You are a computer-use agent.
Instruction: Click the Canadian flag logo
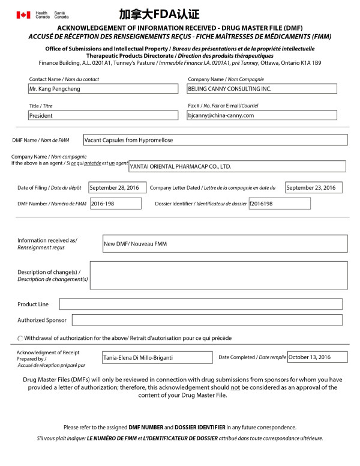click(x=23, y=14)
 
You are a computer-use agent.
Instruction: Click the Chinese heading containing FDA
click(x=159, y=14)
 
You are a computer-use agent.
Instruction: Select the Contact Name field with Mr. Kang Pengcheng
click(x=103, y=89)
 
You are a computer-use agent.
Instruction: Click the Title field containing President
click(x=103, y=115)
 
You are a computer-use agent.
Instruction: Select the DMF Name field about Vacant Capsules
click(x=215, y=140)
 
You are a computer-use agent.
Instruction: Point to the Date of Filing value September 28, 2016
click(x=118, y=188)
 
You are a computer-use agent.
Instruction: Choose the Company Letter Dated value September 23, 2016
click(x=313, y=188)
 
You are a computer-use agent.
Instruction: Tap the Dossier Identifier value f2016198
click(x=279, y=204)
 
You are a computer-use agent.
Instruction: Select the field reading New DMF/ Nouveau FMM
click(x=225, y=244)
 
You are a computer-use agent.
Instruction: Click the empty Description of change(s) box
click(x=219, y=275)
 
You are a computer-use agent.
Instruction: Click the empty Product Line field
click(x=200, y=304)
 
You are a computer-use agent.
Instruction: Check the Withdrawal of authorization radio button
click(x=20, y=339)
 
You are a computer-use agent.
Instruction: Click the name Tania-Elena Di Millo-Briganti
click(x=157, y=357)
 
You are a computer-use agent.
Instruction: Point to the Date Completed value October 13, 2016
click(x=317, y=357)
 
